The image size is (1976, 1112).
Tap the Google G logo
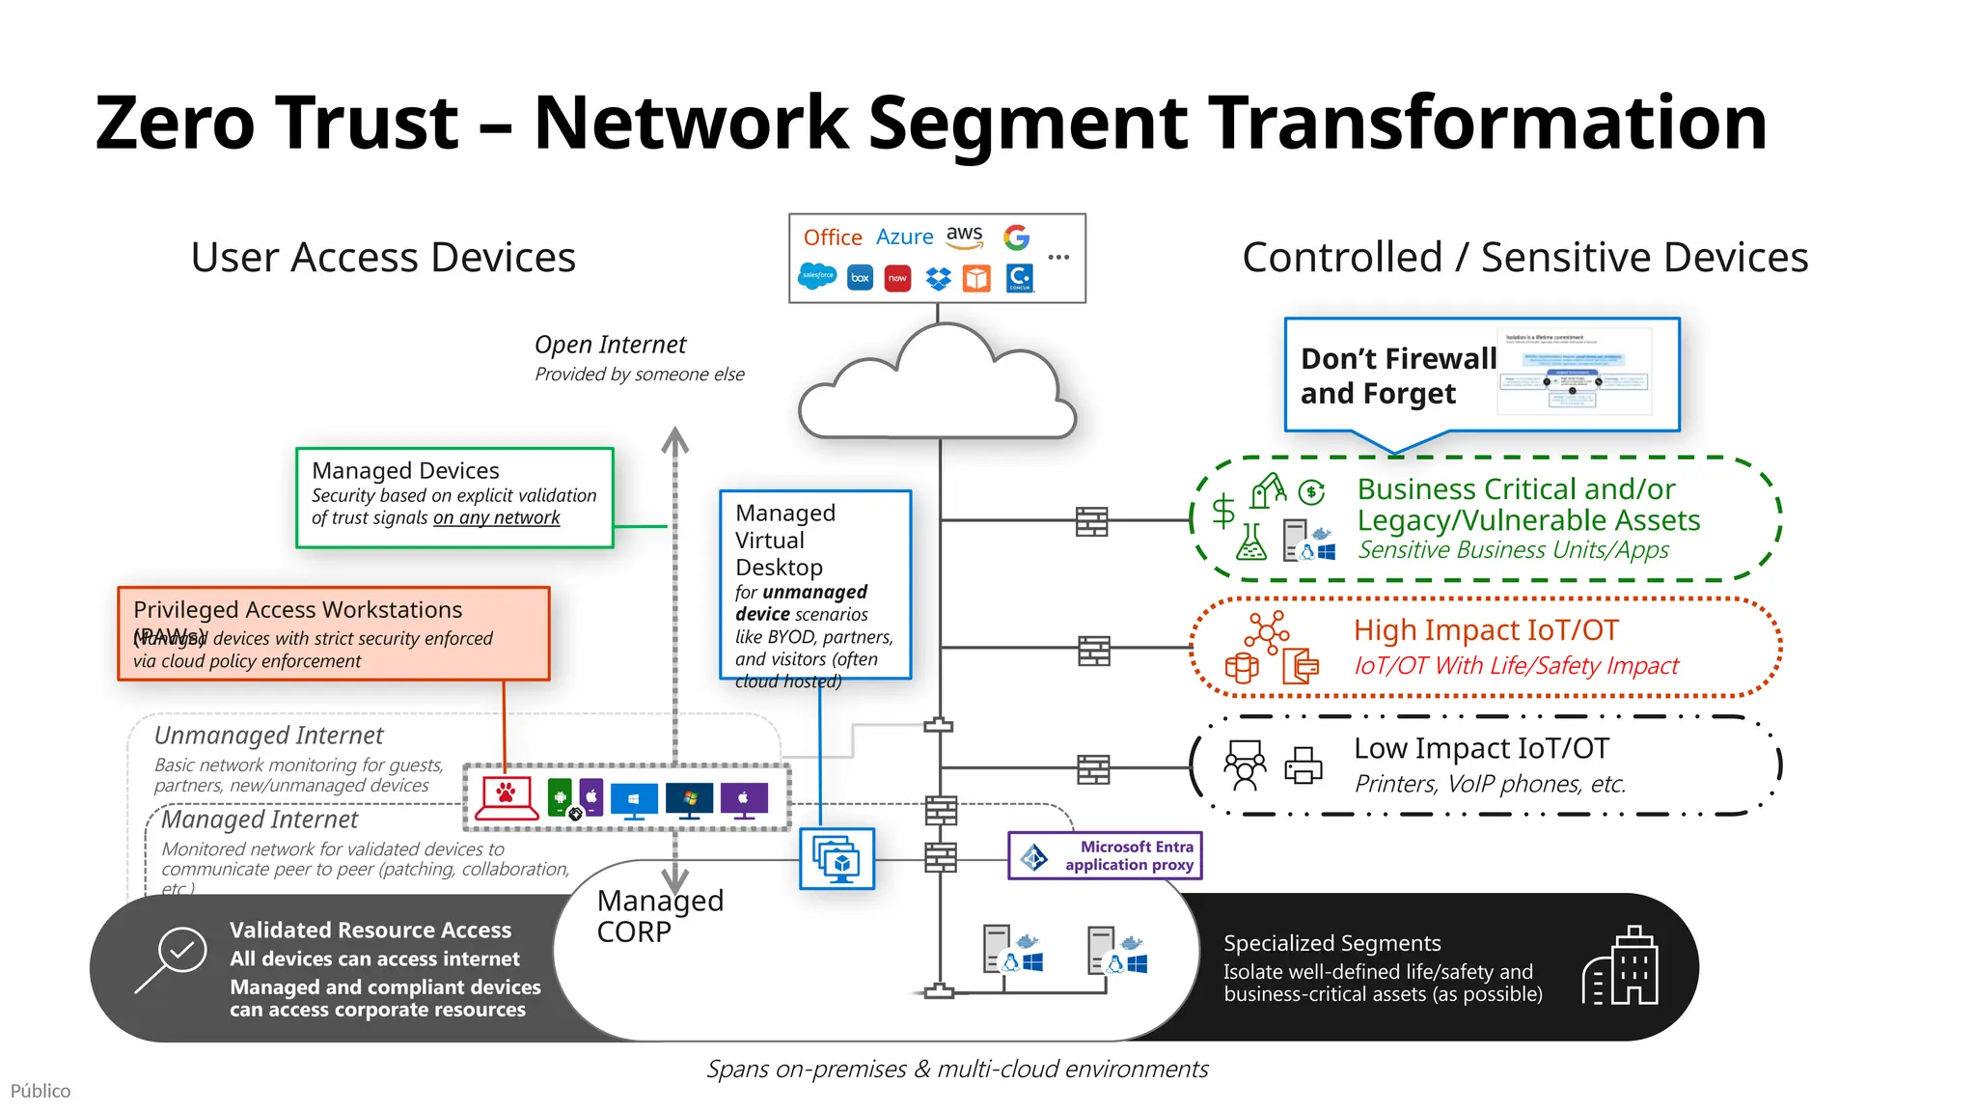1016,237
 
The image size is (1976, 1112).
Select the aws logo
964,236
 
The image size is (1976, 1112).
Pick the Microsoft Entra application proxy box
1105,855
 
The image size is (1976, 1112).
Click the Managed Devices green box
454,497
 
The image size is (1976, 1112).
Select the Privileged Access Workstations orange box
333,634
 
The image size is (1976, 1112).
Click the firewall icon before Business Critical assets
1091,521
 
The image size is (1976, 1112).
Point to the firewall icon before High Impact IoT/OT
1093,651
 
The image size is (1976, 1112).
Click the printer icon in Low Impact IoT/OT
1303,765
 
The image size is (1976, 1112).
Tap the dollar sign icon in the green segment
1222,510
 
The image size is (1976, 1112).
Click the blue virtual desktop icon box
837,858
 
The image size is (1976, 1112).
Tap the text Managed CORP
659,915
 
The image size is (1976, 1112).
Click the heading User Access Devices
383,258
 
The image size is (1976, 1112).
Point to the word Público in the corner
41,1091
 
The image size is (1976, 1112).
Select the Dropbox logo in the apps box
938,279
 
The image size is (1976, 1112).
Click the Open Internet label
610,345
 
